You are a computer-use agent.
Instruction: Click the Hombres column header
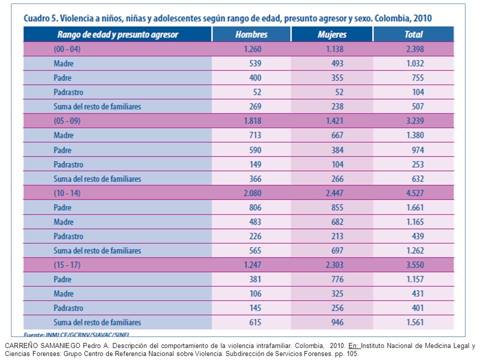251,34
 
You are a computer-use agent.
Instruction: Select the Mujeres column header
332,34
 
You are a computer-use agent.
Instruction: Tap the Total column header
413,34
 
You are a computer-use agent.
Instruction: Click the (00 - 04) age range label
67,49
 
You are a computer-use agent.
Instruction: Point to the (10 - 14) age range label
67,193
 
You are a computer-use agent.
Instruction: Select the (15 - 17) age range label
67,265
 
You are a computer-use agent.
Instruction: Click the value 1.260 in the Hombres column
252,49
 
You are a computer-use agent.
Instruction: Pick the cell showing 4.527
415,193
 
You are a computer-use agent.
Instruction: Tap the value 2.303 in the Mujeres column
334,265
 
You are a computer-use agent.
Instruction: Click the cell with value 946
337,322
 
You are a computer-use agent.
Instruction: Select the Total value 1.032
415,63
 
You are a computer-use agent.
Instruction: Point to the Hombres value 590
255,150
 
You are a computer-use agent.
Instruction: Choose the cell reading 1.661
415,207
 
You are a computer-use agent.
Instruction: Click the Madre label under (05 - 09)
63,135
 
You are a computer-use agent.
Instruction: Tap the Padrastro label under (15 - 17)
68,308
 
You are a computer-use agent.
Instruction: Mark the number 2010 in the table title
422,18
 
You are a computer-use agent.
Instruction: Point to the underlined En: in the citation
354,346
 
